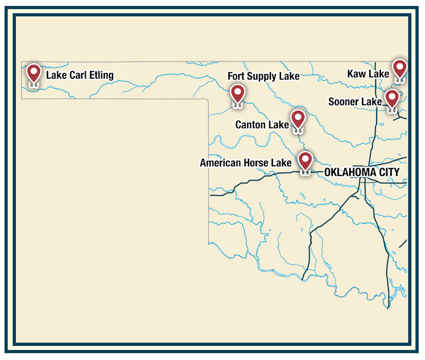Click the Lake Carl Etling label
[x=80, y=75]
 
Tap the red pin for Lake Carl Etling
[x=34, y=73]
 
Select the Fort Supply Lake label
[x=263, y=77]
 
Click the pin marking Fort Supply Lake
[x=237, y=94]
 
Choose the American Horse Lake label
[x=245, y=163]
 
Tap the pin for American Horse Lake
[x=305, y=160]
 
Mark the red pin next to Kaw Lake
[x=399, y=69]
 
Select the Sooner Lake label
[x=355, y=102]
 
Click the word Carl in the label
[x=76, y=75]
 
